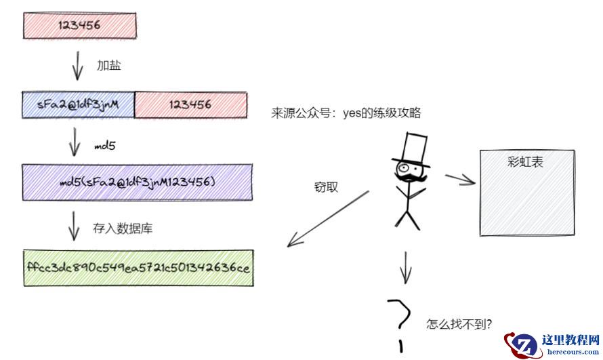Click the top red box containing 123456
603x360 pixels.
click(x=80, y=25)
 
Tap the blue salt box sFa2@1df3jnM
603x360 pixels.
click(x=79, y=104)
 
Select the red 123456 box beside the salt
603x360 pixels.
click(x=190, y=104)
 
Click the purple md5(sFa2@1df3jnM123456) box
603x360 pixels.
click(x=137, y=182)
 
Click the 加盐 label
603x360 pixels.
click(x=108, y=66)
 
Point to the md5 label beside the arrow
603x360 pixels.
click(x=104, y=146)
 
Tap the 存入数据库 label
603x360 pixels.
click(x=123, y=228)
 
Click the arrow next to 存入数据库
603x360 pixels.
click(x=75, y=226)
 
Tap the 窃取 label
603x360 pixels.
click(x=326, y=187)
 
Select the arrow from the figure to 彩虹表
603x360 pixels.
click(x=461, y=179)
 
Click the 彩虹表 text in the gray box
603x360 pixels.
click(x=526, y=163)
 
